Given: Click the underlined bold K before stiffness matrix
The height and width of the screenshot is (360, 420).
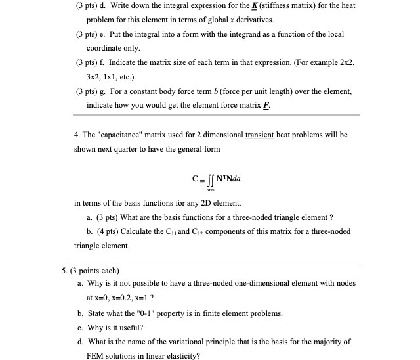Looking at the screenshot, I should tap(250, 6).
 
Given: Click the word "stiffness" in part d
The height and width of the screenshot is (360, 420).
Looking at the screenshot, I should tap(276, 6).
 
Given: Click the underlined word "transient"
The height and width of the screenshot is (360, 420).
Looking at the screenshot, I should tap(262, 135).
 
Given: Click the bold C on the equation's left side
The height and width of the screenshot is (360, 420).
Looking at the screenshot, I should tap(195, 178).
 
